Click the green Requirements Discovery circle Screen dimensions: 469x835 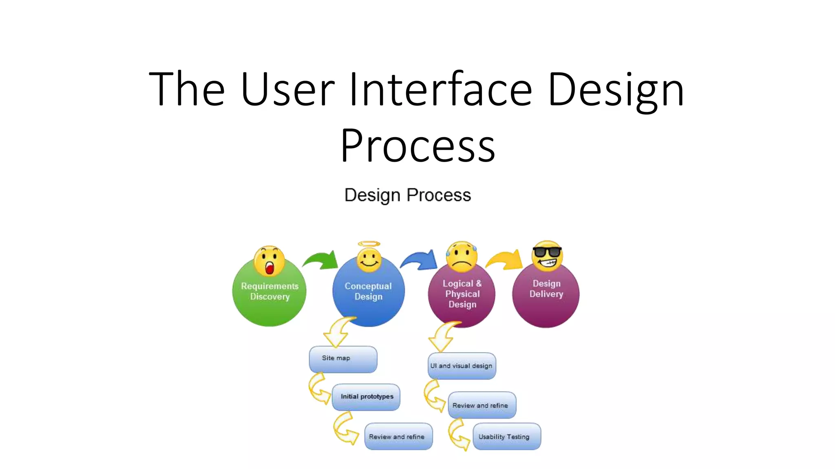tap(269, 301)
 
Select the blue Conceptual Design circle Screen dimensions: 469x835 tap(368, 301)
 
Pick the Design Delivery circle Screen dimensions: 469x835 tap(546, 301)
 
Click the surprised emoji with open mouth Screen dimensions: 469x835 tap(269, 261)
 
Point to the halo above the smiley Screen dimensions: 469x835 tap(369, 244)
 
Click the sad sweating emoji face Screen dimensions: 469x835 tap(461, 256)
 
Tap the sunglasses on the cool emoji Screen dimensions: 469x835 tap(547, 252)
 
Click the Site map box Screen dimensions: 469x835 tap(343, 359)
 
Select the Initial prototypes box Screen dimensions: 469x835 tap(366, 397)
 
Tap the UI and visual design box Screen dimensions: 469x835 tap(462, 366)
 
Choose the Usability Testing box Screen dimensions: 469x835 tap(507, 436)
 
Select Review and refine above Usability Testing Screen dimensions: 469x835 tap(482, 405)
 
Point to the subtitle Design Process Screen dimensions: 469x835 tap(408, 195)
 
